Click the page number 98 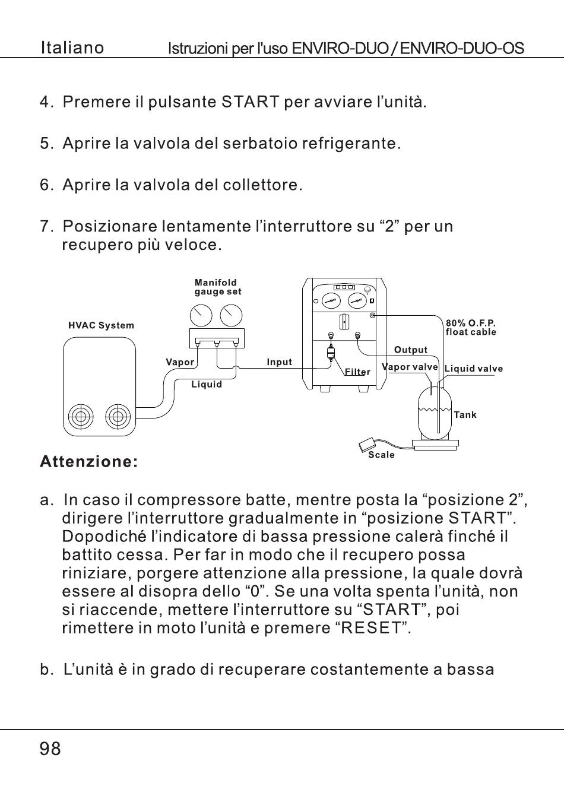point(50,749)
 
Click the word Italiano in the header point(72,48)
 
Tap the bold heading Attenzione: point(89,461)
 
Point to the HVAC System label point(101,325)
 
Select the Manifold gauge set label point(217,287)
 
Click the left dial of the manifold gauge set point(202,316)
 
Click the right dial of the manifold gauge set point(231,316)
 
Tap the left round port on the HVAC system point(81,417)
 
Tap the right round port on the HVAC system point(118,417)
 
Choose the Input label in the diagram point(279,362)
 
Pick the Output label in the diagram point(411,350)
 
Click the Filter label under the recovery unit point(357,372)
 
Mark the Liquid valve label point(473,369)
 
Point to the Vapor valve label point(410,367)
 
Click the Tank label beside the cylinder point(465,415)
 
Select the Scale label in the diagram point(381,455)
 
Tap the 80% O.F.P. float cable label point(471,328)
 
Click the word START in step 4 point(250,102)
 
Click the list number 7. point(47,226)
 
